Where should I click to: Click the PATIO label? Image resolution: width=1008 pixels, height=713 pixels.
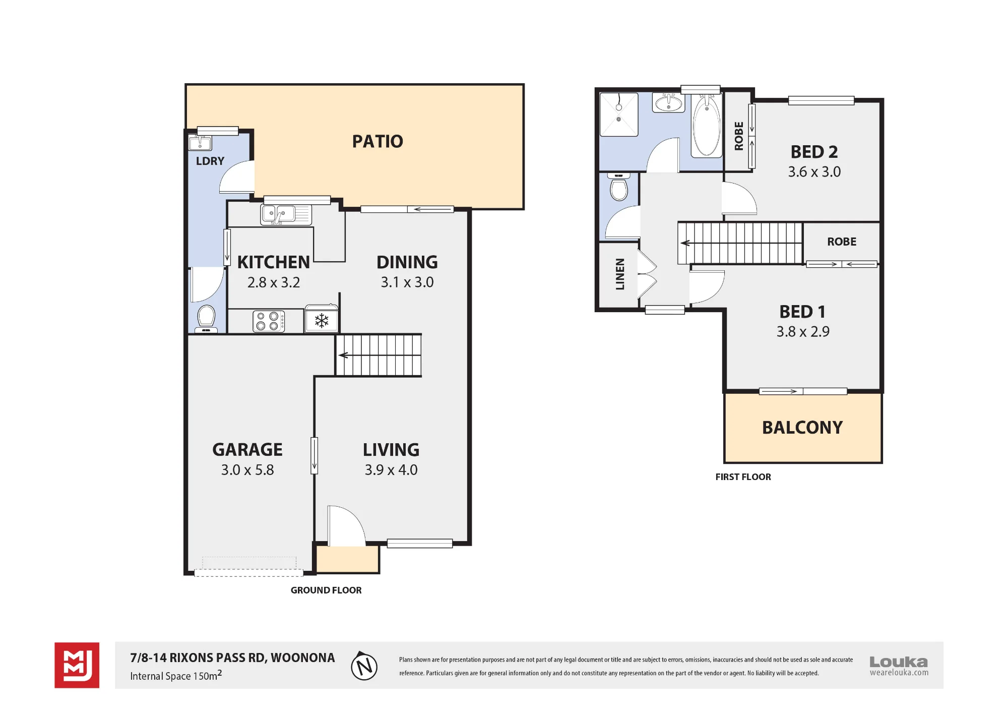click(x=377, y=142)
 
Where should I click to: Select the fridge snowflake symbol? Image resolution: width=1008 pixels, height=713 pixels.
click(x=322, y=321)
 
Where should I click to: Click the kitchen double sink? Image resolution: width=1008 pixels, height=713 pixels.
click(x=286, y=214)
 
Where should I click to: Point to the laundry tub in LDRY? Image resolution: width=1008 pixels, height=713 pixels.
click(x=200, y=143)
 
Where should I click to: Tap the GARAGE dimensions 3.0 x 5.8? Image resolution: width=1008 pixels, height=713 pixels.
click(x=247, y=470)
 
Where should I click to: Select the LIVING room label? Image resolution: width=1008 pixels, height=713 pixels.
click(x=391, y=449)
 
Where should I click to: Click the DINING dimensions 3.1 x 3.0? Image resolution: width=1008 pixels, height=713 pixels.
click(x=407, y=282)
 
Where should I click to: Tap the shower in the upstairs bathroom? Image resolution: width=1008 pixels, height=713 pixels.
click(x=619, y=114)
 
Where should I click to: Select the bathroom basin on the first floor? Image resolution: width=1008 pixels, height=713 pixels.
click(x=669, y=103)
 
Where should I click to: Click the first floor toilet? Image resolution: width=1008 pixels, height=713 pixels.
click(x=619, y=187)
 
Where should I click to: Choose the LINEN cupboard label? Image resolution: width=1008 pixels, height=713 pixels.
click(x=620, y=274)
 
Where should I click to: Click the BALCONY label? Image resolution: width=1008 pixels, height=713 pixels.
click(x=802, y=428)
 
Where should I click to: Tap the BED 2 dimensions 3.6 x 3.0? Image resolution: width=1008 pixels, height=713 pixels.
click(x=814, y=172)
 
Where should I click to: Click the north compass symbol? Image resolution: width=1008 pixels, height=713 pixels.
click(x=364, y=666)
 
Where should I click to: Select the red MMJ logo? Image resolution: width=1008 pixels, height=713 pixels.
click(x=77, y=665)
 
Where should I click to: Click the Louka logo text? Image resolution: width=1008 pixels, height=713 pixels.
click(x=899, y=662)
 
